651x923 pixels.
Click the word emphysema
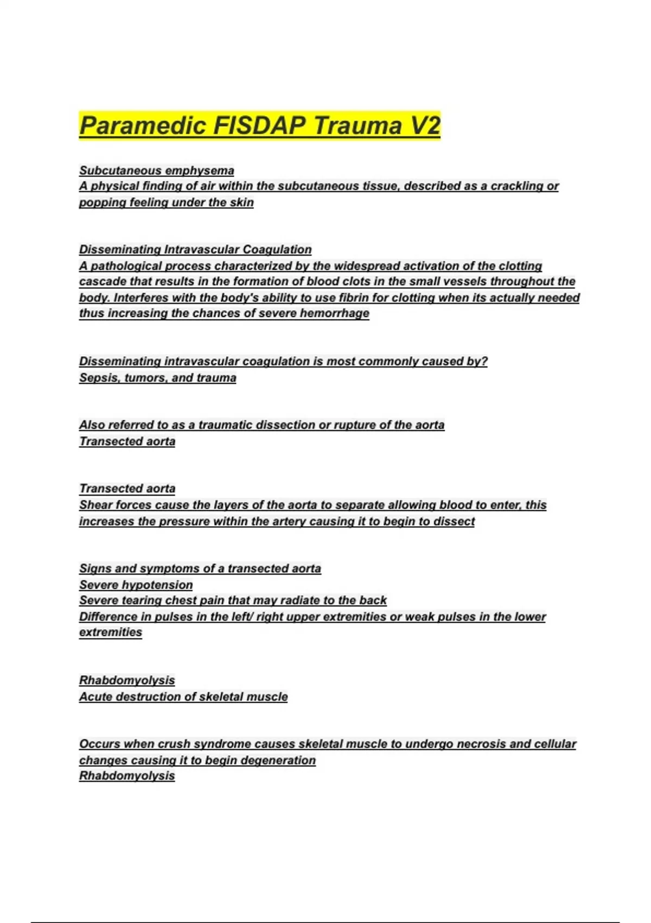click(x=200, y=170)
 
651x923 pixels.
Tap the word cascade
click(x=100, y=282)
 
